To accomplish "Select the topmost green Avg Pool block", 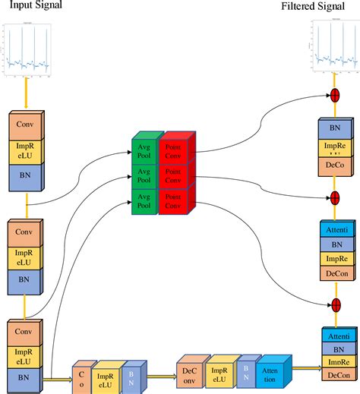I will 142,149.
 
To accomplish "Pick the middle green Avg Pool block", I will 142,176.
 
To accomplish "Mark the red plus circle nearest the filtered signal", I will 333,96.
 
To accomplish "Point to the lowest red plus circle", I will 333,305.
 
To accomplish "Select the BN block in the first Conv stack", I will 28,175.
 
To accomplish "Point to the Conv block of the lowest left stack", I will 28,333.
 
